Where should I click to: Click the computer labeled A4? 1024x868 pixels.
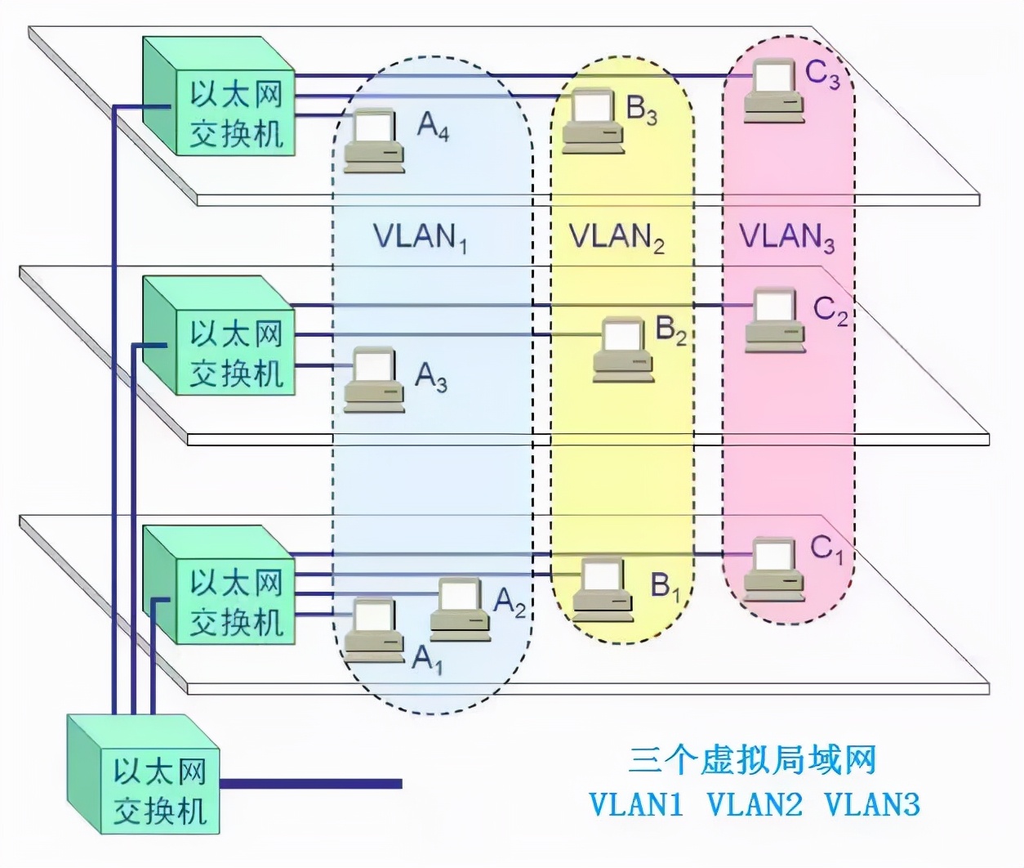[x=374, y=140]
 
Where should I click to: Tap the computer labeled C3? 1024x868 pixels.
[x=773, y=91]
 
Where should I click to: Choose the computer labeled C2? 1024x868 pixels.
[x=774, y=320]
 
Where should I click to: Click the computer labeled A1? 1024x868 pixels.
[x=374, y=629]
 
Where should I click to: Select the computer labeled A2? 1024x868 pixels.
[x=460, y=609]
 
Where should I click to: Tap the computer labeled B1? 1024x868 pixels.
[x=603, y=588]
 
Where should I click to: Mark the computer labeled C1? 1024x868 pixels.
[x=773, y=569]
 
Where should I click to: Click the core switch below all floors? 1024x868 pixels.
[x=144, y=775]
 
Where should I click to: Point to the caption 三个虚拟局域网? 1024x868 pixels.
[x=752, y=760]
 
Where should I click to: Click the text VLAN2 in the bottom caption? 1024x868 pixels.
[x=755, y=804]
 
